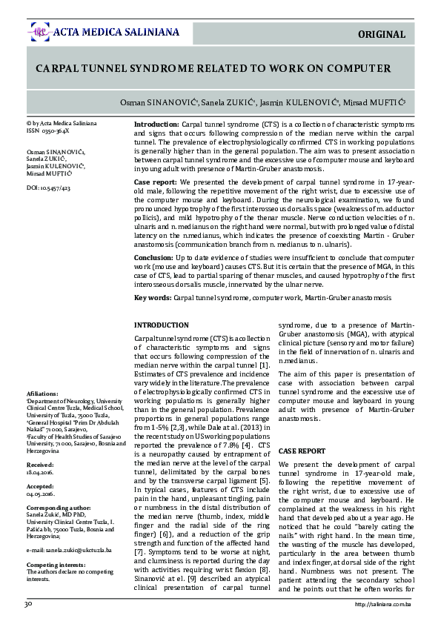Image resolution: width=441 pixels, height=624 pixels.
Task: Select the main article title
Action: click(213, 68)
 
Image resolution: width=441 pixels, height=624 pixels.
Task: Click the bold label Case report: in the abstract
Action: click(155, 182)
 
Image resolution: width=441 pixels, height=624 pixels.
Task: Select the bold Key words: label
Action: click(152, 297)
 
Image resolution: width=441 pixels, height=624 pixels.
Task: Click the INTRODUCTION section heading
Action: click(161, 325)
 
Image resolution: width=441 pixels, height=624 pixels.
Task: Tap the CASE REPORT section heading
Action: click(302, 451)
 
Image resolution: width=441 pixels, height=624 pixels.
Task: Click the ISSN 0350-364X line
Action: click(47, 130)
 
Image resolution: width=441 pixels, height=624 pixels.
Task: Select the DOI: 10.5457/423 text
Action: click(49, 189)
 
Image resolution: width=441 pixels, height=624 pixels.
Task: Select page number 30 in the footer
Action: click(27, 604)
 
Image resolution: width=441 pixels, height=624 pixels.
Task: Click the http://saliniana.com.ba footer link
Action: click(383, 605)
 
